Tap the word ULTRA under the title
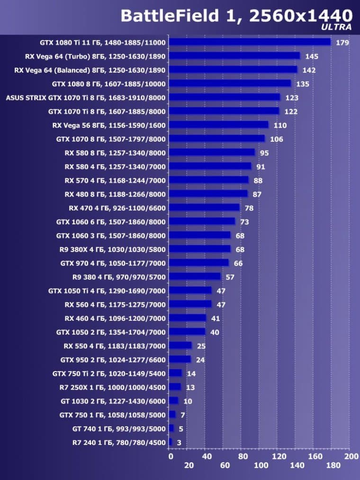click(x=336, y=27)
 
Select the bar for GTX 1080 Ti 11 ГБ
click(x=250, y=42)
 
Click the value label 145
click(x=312, y=56)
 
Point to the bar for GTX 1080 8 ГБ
click(x=230, y=84)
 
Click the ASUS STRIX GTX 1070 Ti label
click(x=86, y=98)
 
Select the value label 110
click(x=280, y=126)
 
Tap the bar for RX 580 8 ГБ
click(x=212, y=153)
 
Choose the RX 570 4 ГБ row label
click(x=115, y=181)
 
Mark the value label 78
click(x=249, y=208)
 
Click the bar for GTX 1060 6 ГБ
click(x=202, y=221)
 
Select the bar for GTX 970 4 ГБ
click(x=199, y=263)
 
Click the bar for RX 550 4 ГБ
click(x=180, y=345)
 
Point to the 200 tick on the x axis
click(x=351, y=457)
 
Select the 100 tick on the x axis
click(x=261, y=465)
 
